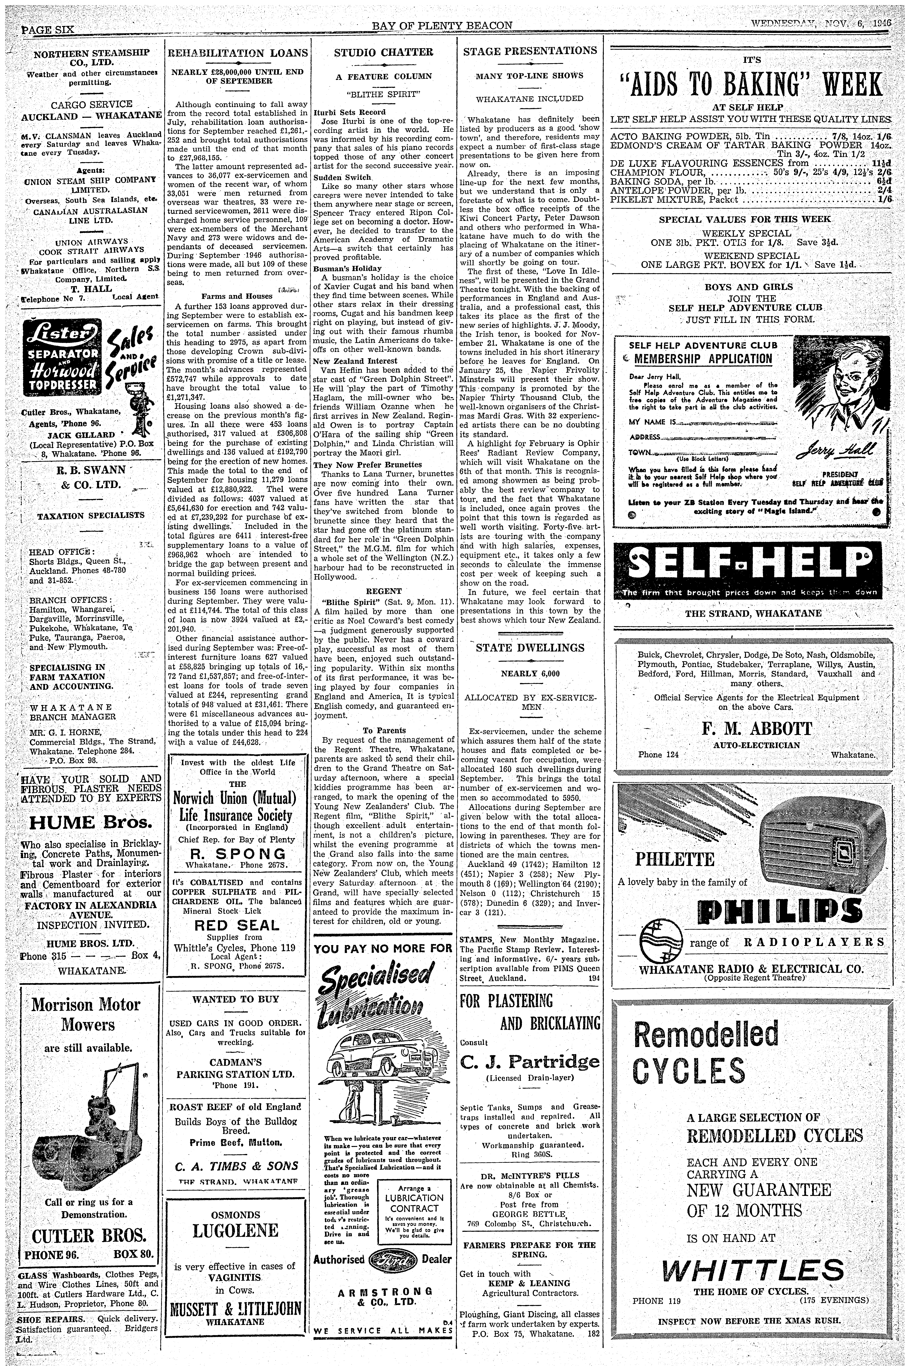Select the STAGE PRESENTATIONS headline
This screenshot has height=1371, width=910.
click(x=530, y=51)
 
